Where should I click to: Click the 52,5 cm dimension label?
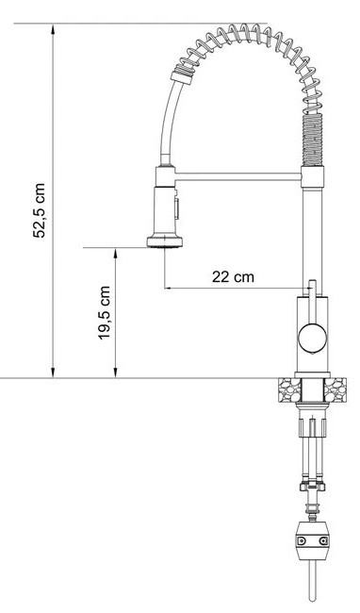coord(39,210)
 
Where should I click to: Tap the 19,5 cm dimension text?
coord(104,313)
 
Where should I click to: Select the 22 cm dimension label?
coord(233,276)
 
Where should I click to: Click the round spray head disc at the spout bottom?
coord(165,241)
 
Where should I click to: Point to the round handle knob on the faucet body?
coord(312,338)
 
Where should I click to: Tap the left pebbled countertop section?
coord(290,389)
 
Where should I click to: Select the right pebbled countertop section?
coord(335,389)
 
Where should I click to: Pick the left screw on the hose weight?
coord(301,541)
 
